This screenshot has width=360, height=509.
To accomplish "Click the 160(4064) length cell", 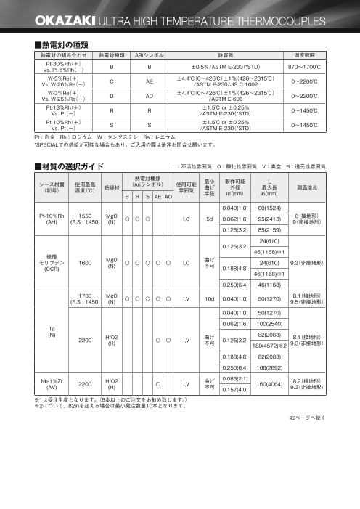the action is [x=269, y=383].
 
